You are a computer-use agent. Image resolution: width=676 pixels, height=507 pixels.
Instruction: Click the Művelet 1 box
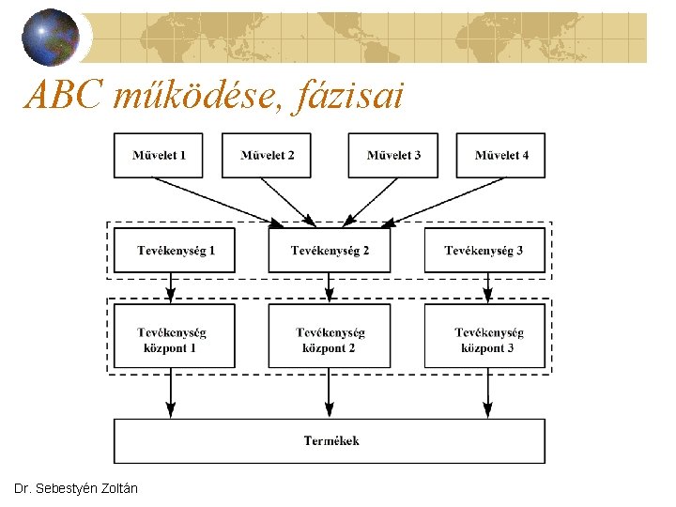tap(159, 155)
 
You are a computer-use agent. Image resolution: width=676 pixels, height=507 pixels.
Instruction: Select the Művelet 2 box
tap(267, 155)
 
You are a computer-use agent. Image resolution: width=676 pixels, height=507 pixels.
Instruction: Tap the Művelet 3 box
tap(393, 155)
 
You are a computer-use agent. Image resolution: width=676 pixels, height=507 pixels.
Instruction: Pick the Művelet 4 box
tap(501, 155)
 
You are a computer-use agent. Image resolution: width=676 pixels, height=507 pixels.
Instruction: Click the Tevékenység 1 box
tap(175, 251)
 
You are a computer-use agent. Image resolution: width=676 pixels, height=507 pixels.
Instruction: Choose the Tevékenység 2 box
tap(330, 251)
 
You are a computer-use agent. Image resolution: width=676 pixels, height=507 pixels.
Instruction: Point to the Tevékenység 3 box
tap(484, 251)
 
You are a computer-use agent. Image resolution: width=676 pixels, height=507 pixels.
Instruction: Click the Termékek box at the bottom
tap(330, 440)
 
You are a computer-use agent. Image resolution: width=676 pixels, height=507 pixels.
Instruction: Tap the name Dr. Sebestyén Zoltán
tap(76, 489)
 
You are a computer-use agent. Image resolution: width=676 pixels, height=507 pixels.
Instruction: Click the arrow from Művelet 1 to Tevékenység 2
tap(225, 202)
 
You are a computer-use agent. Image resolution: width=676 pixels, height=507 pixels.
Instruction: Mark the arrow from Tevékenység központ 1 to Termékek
tap(171, 392)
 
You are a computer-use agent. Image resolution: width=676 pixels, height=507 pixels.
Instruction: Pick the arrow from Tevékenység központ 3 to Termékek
tap(487, 392)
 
